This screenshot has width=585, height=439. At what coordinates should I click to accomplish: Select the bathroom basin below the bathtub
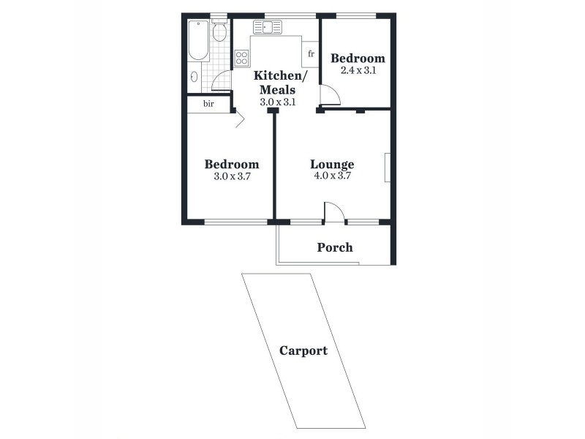click(195, 76)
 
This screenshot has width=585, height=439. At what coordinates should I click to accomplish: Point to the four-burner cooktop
click(242, 59)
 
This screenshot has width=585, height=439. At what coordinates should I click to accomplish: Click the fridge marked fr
click(311, 53)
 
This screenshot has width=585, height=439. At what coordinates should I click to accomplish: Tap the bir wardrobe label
click(208, 104)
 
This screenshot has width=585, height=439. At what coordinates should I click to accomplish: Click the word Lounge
click(332, 164)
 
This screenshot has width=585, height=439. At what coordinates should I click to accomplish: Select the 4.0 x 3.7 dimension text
click(332, 176)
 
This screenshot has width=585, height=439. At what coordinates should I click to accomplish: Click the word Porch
click(335, 247)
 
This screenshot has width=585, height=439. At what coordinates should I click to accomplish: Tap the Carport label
click(303, 350)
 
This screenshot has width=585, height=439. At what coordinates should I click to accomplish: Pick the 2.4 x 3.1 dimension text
click(358, 70)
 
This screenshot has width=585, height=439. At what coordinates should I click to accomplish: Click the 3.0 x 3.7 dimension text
click(231, 176)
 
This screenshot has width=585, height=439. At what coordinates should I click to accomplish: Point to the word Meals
click(277, 90)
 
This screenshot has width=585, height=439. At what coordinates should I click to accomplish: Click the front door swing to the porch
click(333, 211)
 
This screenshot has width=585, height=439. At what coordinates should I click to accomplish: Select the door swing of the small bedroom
click(328, 94)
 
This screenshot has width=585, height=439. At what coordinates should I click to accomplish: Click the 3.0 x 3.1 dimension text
click(277, 102)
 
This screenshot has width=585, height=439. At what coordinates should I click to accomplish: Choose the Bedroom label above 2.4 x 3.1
click(358, 59)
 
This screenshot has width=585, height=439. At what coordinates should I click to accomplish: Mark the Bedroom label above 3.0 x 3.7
click(231, 164)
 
